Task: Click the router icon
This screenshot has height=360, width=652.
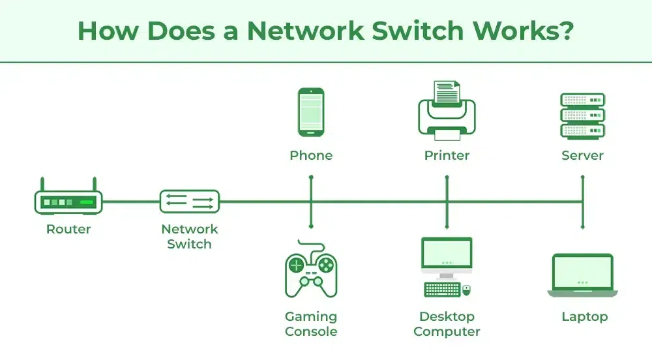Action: tap(68, 202)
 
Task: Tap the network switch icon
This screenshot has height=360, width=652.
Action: tap(190, 202)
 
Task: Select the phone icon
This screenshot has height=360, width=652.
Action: tap(311, 113)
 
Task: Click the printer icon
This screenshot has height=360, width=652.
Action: tap(447, 111)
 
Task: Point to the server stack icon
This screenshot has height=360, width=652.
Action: tap(582, 115)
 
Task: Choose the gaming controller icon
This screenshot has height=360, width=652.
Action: tap(311, 269)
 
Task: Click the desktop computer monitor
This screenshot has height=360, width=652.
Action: tap(447, 255)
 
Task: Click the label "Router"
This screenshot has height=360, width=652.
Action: tap(68, 229)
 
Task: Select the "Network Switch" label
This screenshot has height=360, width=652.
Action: tap(190, 237)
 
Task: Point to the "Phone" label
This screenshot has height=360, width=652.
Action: tap(311, 156)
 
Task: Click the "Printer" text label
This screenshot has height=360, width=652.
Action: tap(447, 156)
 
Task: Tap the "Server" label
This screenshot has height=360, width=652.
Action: tap(582, 156)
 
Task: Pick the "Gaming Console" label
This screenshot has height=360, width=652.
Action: tap(311, 324)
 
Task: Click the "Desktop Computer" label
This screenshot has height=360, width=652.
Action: tap(447, 324)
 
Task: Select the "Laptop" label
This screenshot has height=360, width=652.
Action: tap(584, 317)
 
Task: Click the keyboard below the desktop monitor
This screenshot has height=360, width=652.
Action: tap(442, 289)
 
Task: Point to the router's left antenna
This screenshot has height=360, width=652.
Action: tap(42, 184)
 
